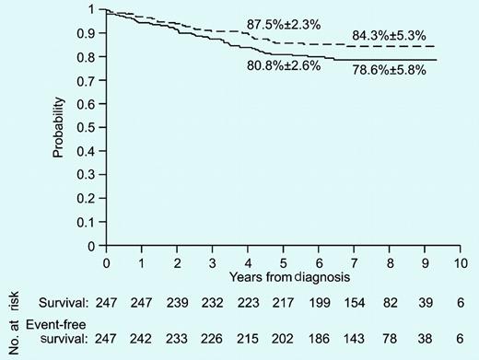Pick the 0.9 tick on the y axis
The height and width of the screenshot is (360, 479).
click(x=89, y=33)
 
